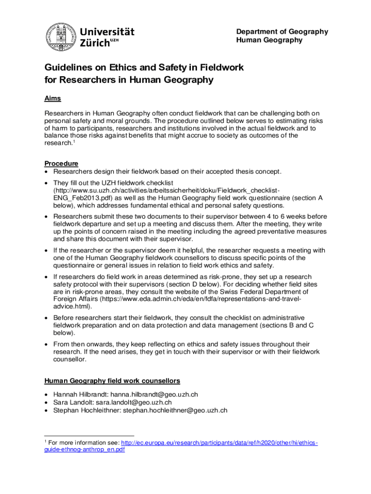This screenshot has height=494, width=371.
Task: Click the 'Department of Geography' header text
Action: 282,32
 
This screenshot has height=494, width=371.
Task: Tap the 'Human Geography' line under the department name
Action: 269,40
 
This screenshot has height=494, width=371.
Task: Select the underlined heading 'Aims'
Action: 53,98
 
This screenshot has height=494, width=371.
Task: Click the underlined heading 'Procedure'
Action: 61,164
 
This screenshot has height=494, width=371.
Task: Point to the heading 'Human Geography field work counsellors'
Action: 112,381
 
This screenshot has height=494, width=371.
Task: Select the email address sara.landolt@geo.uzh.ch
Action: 133,402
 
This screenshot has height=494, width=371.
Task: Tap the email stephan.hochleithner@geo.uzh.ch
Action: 175,411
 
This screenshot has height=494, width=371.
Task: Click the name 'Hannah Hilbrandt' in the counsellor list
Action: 80,395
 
